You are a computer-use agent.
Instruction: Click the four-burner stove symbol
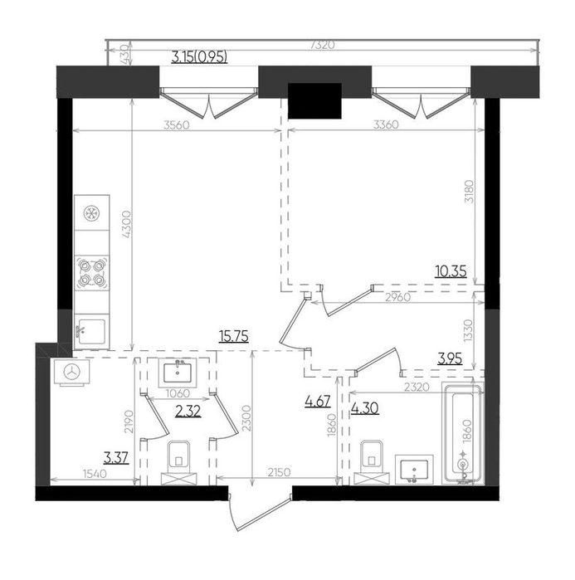(92, 273)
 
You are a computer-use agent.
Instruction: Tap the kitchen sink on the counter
(92, 329)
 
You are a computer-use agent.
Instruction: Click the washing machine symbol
(71, 372)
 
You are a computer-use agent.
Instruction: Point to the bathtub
(463, 434)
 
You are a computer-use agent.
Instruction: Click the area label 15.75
(234, 337)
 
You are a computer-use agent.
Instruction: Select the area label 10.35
(451, 272)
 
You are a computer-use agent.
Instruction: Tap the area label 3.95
(450, 359)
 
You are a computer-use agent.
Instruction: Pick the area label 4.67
(317, 401)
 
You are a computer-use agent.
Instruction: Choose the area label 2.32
(188, 411)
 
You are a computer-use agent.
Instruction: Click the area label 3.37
(116, 458)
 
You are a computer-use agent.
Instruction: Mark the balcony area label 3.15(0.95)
(199, 57)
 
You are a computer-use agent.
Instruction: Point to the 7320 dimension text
(323, 45)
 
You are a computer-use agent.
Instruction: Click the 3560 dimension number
(177, 125)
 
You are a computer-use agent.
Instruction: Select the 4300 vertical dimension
(126, 224)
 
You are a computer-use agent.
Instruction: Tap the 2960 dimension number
(398, 297)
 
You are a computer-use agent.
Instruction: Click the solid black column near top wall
(314, 101)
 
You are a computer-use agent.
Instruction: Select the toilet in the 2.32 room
(179, 462)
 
